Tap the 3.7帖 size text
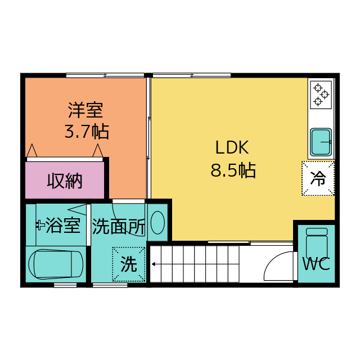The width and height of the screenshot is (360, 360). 86,132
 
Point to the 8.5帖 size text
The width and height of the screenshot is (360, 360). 233,170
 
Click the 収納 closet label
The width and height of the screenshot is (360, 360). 65,181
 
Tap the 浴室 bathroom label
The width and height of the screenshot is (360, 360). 62,226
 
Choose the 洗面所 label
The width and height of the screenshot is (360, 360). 119,226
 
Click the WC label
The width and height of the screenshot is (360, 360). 316,264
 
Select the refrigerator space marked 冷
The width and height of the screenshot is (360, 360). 318,179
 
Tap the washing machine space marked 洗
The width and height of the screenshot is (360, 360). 129,264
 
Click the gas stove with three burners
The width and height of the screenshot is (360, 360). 321,94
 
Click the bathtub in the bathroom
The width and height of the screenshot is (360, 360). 56,264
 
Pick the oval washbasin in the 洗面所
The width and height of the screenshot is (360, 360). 157,223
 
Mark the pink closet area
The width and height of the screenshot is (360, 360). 65,181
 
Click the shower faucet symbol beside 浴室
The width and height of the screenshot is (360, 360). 40,225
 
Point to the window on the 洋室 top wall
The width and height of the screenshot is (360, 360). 105,75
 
